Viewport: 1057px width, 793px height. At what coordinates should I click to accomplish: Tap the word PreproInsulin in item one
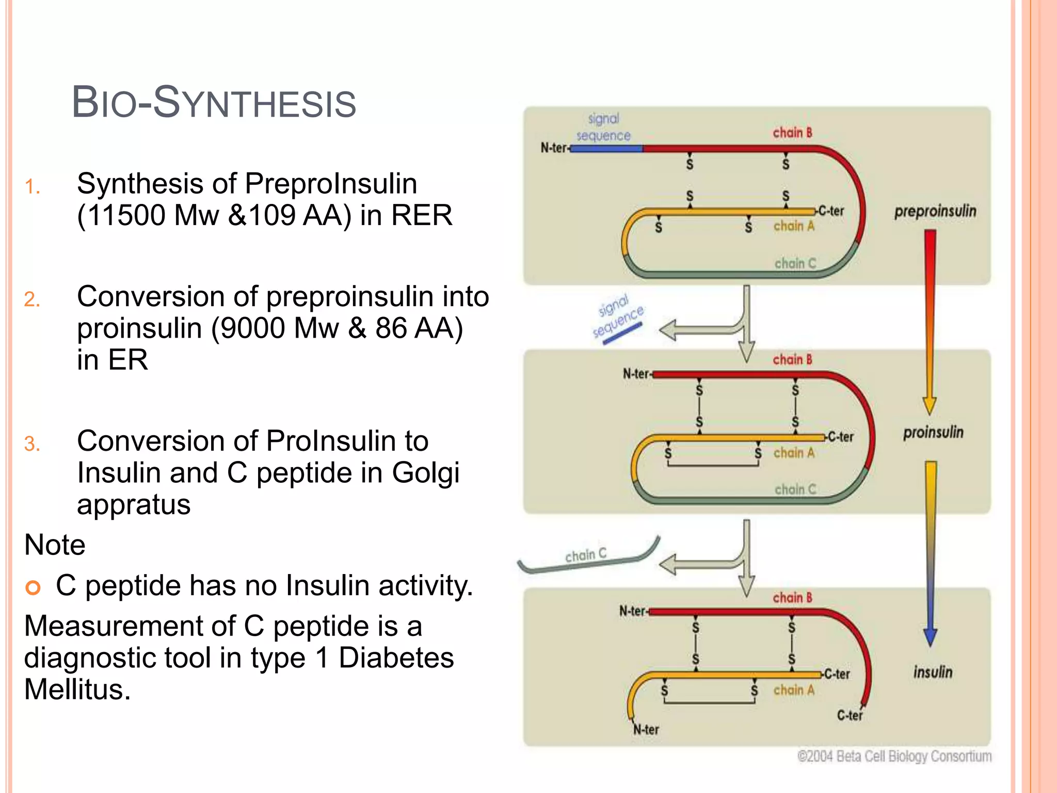click(330, 184)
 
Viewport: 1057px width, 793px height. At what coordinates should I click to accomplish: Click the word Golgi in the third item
click(425, 473)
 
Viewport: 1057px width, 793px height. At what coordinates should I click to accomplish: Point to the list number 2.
click(32, 299)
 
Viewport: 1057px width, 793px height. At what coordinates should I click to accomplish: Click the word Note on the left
click(55, 545)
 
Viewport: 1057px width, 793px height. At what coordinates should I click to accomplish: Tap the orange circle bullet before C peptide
click(33, 587)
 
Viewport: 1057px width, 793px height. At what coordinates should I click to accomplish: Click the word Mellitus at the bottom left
click(77, 689)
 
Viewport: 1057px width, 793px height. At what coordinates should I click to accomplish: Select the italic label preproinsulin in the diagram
click(935, 211)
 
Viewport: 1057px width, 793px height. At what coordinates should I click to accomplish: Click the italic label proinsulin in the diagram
click(933, 432)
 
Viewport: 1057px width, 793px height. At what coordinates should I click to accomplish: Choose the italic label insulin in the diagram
click(933, 672)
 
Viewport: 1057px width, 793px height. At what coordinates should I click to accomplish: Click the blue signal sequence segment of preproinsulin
click(607, 149)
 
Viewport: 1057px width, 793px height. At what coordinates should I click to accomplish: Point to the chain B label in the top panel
click(792, 133)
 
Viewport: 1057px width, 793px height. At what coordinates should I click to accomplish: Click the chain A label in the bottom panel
click(794, 690)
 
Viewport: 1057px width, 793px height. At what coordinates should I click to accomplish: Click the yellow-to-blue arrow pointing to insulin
click(930, 552)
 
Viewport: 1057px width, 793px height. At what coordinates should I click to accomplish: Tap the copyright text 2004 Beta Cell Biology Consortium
click(894, 756)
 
